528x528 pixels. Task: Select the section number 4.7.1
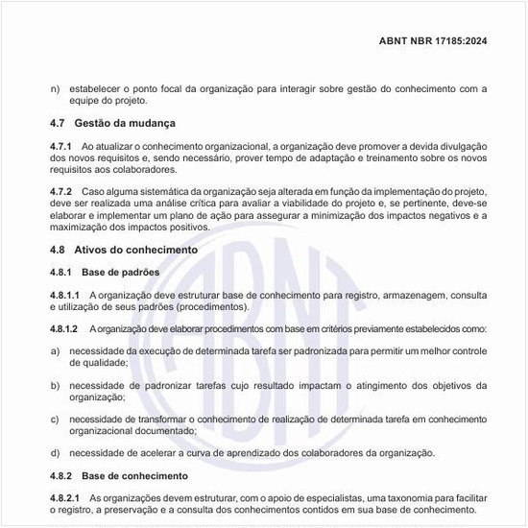click(x=61, y=146)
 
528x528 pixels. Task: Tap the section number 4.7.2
click(x=61, y=191)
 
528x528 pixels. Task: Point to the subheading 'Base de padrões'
click(x=120, y=273)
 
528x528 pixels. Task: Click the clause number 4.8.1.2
click(x=65, y=329)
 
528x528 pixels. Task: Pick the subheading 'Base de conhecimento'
click(x=134, y=476)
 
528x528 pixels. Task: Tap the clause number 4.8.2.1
click(x=65, y=498)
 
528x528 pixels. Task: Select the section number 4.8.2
click(x=61, y=476)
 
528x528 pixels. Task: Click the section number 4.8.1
click(x=61, y=273)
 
